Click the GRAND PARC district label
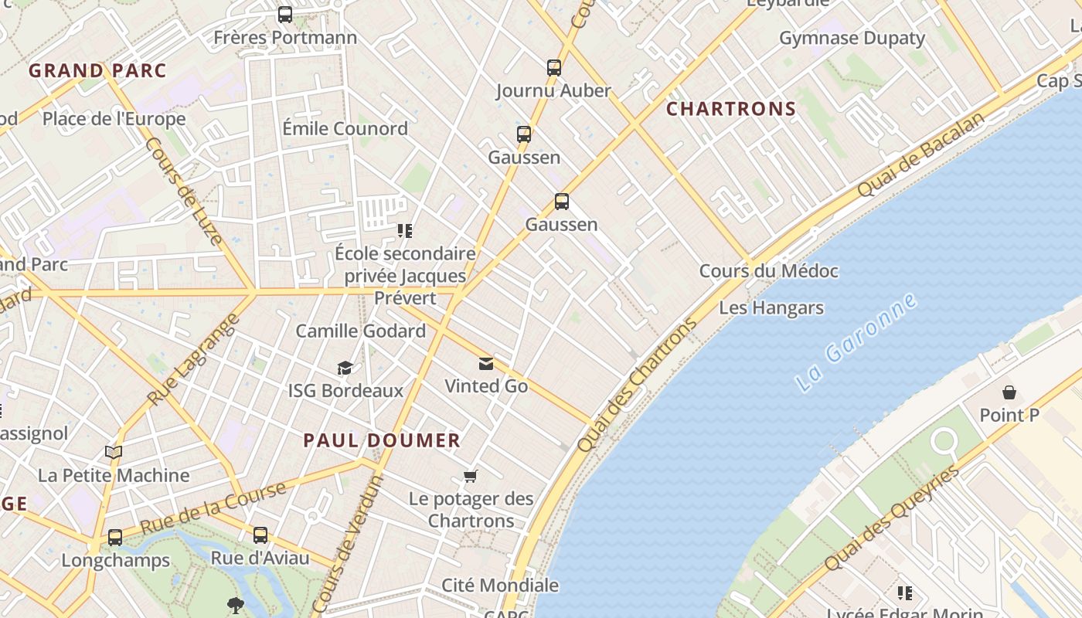(x=97, y=71)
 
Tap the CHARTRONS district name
(x=731, y=109)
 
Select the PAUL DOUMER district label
(x=382, y=441)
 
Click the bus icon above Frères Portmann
(x=285, y=15)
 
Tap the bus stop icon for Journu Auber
(x=554, y=68)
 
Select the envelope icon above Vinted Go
(x=486, y=364)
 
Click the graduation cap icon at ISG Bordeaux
(x=345, y=368)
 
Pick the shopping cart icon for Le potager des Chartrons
(x=471, y=476)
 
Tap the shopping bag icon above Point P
(x=1009, y=392)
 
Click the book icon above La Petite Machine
(x=114, y=453)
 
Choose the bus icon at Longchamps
(x=115, y=537)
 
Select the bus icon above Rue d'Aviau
(x=260, y=535)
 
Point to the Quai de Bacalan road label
(x=921, y=154)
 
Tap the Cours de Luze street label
(x=184, y=191)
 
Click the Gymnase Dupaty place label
(x=852, y=38)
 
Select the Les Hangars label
(x=771, y=308)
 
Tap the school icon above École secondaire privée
(x=405, y=231)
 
